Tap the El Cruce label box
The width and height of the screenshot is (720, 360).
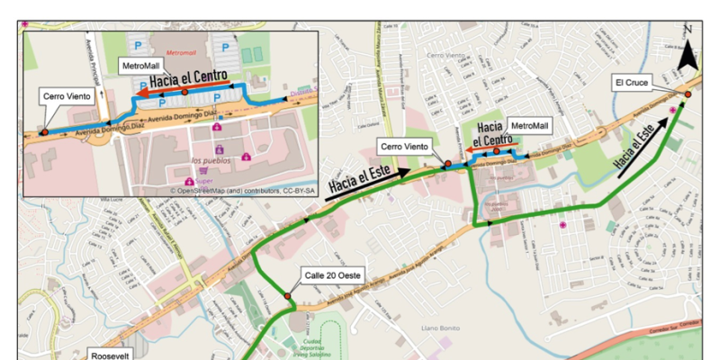632,82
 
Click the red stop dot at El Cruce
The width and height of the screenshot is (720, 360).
687,94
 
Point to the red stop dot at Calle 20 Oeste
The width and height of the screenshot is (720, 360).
287,296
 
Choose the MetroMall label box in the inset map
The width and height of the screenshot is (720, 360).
141,66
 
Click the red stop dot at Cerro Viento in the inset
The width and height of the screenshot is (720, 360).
44,132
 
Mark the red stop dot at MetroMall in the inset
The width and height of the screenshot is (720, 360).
184,92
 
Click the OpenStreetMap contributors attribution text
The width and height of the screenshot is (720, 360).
243,191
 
